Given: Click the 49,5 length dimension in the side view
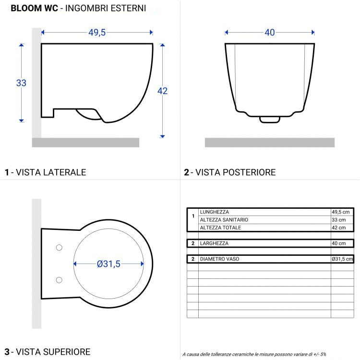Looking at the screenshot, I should click(x=97, y=33).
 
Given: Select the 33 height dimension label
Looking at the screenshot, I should click(x=21, y=83).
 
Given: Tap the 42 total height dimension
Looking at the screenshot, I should click(x=162, y=91).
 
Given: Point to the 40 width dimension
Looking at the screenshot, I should click(x=270, y=33).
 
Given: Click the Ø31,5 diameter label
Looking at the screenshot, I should click(x=108, y=264).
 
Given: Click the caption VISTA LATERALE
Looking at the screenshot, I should click(x=51, y=172).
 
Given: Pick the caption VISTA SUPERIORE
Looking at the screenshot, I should click(x=53, y=352).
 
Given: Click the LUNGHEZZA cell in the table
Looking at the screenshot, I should click(x=214, y=212).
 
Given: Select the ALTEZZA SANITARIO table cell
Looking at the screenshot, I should click(x=224, y=219).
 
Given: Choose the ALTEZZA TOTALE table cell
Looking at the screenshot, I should click(x=220, y=227).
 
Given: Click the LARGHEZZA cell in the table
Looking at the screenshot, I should click(x=214, y=243).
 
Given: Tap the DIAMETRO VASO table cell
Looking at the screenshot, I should click(x=219, y=259).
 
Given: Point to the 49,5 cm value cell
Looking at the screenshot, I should click(x=341, y=212).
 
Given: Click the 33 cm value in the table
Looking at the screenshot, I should click(x=338, y=219).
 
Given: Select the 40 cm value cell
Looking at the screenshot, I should click(x=338, y=243).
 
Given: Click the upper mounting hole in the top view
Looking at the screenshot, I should click(x=60, y=248).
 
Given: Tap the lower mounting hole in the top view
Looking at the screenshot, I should click(x=60, y=280).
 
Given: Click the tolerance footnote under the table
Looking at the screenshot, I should click(x=254, y=354).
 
